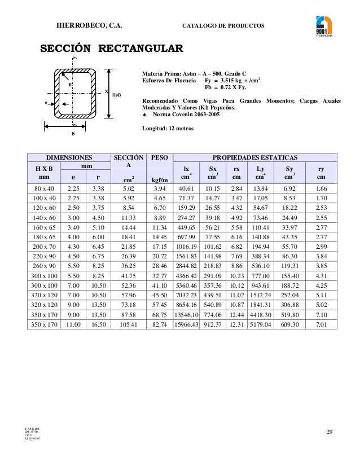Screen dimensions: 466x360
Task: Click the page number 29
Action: [330, 432]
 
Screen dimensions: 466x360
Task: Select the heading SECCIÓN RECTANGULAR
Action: [111, 48]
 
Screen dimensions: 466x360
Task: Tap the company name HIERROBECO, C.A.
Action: [90, 26]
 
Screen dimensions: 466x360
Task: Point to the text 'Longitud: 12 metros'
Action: [169, 129]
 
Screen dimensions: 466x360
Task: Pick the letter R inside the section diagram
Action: [70, 85]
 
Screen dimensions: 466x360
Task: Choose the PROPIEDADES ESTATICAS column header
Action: [254, 157]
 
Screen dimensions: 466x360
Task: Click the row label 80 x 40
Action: [44, 188]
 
